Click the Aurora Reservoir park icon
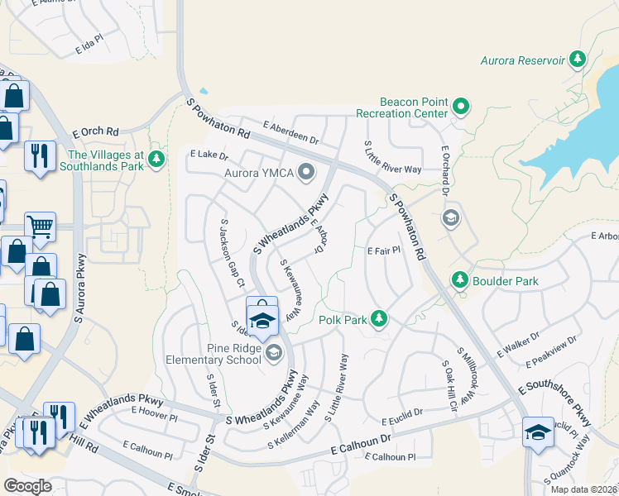tap(578, 60)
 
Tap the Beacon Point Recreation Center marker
tap(460, 107)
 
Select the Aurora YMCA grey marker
tap(307, 173)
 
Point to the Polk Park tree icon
tap(379, 317)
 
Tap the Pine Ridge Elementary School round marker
tap(274, 354)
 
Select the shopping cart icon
tap(39, 225)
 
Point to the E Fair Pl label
tap(383, 250)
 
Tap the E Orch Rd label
tap(96, 131)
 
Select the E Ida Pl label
tap(89, 42)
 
